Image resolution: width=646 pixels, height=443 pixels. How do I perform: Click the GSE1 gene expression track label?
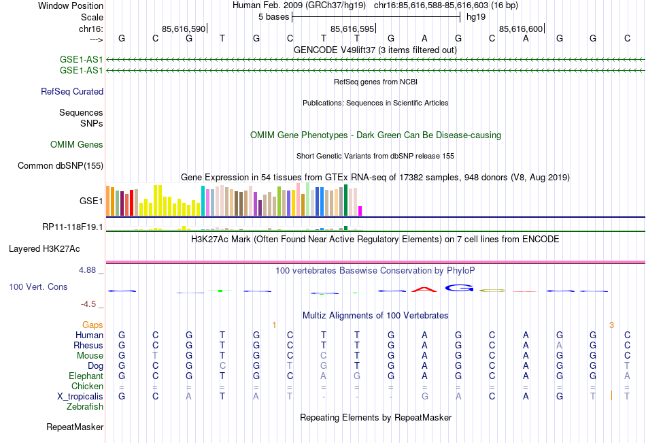(91, 201)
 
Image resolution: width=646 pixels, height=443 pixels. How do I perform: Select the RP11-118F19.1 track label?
(73, 227)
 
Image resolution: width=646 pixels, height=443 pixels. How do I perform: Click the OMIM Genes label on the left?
(77, 145)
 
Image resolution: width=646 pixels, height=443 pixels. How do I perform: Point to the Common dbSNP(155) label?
(61, 165)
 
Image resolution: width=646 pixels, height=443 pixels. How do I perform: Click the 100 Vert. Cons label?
(38, 287)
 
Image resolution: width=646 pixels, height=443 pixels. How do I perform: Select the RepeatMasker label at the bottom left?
(75, 427)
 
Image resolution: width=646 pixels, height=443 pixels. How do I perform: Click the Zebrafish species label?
(85, 406)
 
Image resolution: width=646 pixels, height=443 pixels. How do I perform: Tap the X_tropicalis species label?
(80, 396)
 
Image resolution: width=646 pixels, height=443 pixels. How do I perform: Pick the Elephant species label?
(86, 376)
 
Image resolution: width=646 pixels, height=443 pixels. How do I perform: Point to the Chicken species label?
(87, 386)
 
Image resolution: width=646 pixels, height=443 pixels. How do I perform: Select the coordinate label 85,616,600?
(521, 29)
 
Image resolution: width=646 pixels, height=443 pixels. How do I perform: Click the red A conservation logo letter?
(424, 289)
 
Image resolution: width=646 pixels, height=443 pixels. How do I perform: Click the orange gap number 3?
(611, 325)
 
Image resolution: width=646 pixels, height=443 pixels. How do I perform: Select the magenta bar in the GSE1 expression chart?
(360, 210)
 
